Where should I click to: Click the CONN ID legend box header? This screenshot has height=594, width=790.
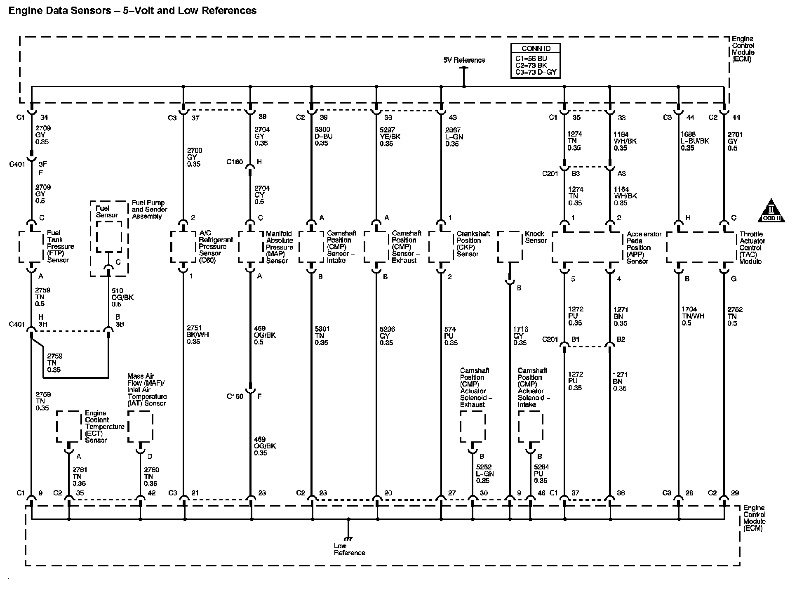536,48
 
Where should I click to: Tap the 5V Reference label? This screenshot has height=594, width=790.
464,60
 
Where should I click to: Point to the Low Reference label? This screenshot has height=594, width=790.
349,549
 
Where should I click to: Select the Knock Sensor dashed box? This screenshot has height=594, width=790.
510,247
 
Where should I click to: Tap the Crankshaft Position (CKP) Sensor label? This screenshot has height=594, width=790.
473,244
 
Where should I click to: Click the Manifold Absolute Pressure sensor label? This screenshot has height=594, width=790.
279,247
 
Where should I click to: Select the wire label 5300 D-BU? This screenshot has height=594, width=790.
323,137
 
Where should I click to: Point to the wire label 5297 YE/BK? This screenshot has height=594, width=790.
390,137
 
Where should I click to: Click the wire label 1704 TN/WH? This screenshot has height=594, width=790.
693,316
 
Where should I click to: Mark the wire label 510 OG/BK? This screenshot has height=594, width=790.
122,297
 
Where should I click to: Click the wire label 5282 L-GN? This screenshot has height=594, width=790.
484,474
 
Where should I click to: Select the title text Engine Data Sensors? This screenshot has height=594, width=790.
132,11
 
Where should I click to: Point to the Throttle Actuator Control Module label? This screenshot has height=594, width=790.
752,247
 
